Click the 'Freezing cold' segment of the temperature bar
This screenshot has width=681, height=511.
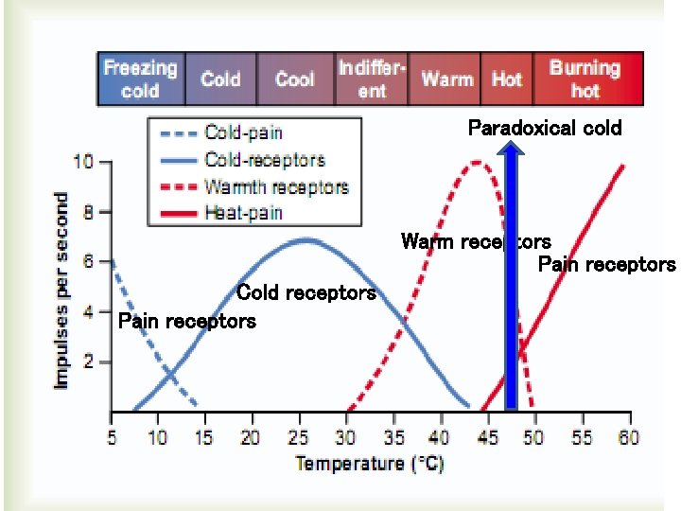(140, 79)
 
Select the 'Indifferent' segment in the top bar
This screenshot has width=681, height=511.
(372, 79)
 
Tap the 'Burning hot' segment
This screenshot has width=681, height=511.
(585, 79)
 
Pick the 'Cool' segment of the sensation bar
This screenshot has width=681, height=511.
(294, 79)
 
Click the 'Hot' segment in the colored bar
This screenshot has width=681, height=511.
(506, 79)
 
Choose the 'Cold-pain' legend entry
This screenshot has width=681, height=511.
(243, 133)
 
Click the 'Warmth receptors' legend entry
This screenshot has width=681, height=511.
(275, 186)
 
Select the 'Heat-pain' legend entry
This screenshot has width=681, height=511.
(243, 213)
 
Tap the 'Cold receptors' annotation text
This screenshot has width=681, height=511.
(306, 293)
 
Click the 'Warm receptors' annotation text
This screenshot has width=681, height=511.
(475, 242)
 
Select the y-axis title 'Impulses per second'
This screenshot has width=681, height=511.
(61, 290)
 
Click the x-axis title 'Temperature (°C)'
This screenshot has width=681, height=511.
(369, 464)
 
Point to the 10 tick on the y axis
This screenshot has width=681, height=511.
(84, 163)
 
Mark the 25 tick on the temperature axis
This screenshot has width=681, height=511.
(297, 437)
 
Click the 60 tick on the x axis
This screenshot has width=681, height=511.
(627, 437)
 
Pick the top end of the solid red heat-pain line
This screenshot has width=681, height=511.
(623, 167)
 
